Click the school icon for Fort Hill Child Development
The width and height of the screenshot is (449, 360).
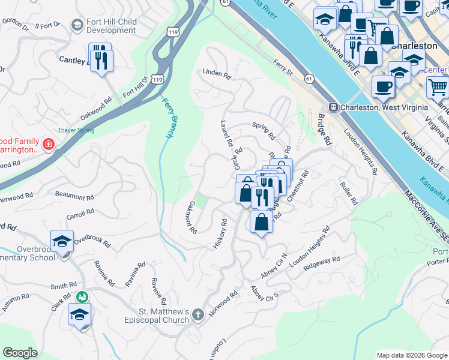77,25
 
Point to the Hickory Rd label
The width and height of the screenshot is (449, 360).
220,234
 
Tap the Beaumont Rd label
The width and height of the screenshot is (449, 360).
74,196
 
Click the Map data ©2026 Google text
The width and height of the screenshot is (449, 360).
411,355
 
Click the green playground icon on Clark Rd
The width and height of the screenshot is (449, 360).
82,296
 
